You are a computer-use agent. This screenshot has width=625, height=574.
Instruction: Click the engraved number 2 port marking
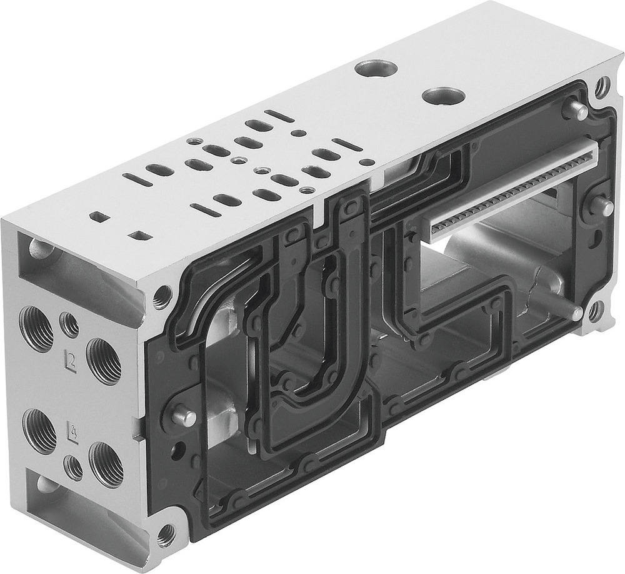tap(71, 360)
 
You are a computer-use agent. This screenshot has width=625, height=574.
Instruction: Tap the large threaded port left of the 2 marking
tap(36, 326)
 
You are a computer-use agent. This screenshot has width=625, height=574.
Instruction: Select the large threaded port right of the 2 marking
tap(102, 360)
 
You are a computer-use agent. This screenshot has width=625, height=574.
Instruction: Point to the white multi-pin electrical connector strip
tap(512, 187)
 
